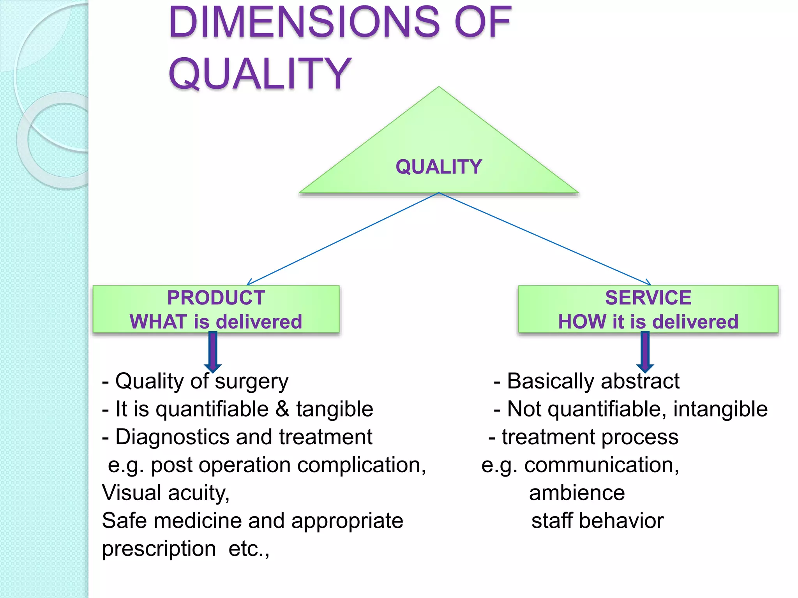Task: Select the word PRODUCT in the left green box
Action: coord(216,298)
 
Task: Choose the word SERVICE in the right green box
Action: coord(648,298)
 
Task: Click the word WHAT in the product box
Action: coord(158,322)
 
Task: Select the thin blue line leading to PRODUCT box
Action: coord(343,239)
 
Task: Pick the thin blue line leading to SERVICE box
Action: coord(546,239)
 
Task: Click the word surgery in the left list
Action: coord(252,381)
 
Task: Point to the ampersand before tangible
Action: coord(282,409)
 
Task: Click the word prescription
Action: coord(159,549)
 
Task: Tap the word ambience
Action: coord(577,493)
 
